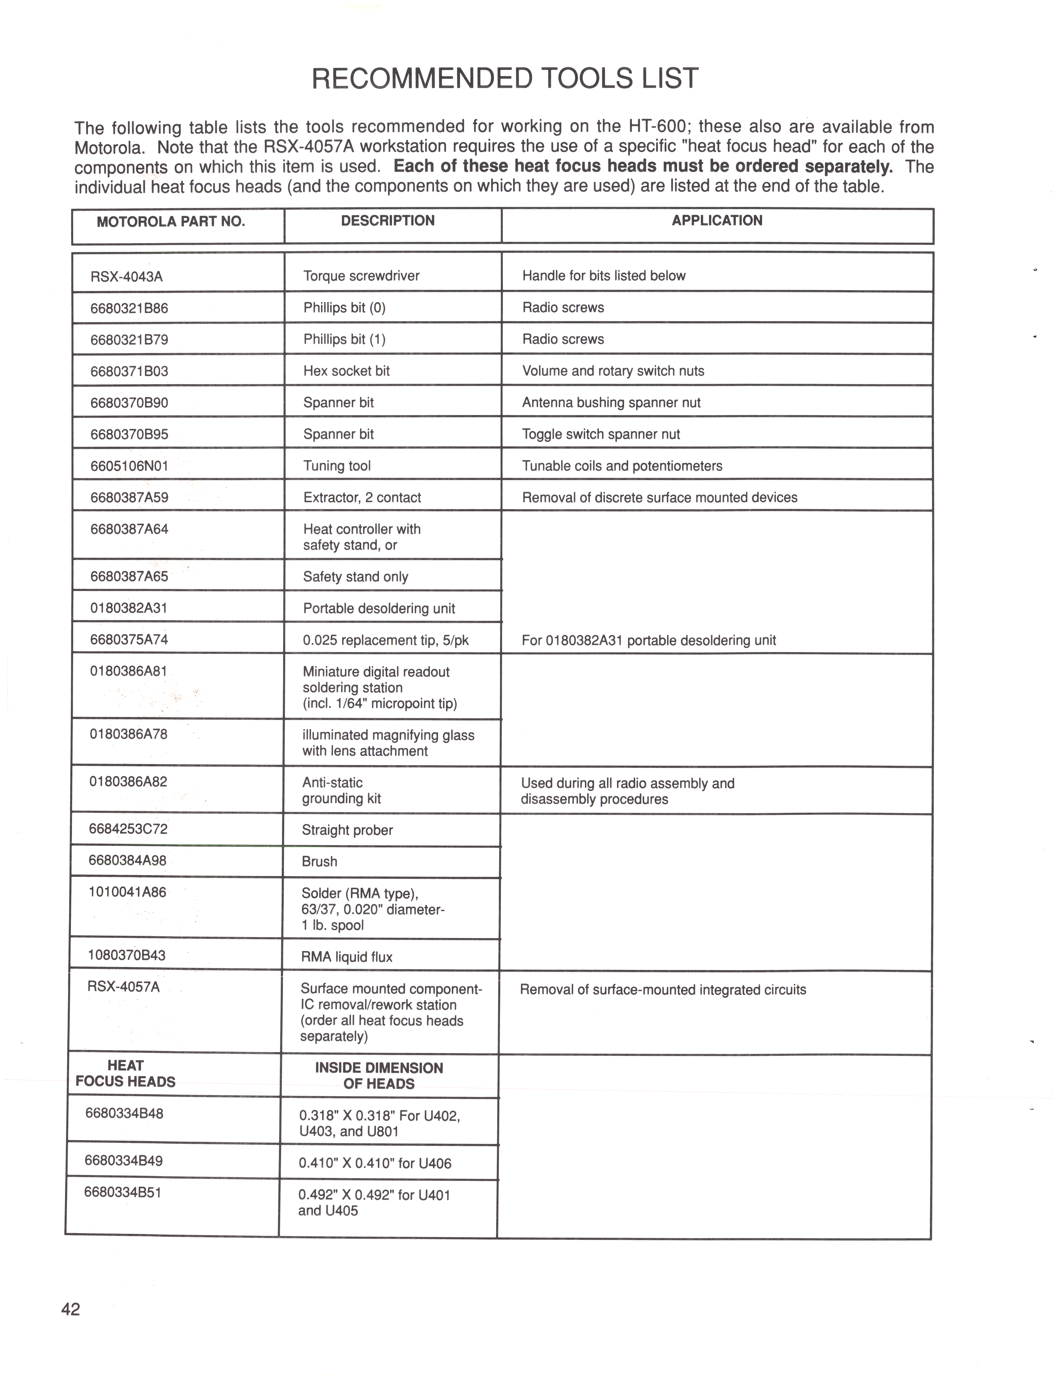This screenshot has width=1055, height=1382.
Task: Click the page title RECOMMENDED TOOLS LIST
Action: pos(505,79)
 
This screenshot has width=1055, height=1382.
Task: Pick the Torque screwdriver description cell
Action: pos(361,276)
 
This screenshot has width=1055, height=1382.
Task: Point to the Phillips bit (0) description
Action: pos(344,308)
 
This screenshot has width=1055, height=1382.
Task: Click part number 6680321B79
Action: pos(129,340)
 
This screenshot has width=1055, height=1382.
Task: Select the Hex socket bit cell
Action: pos(346,371)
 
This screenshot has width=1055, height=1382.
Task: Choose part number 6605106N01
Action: pos(129,466)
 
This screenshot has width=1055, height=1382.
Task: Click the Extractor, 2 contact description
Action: pos(362,498)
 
